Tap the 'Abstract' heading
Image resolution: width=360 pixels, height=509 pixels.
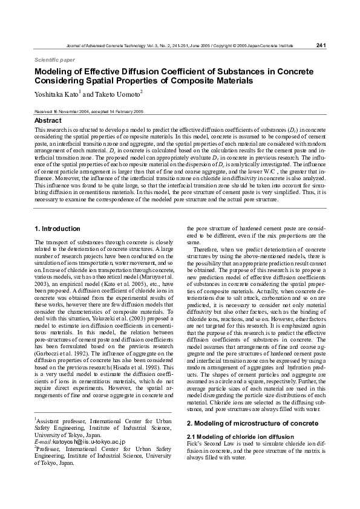(48, 121)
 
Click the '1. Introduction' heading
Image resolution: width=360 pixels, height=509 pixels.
(57, 229)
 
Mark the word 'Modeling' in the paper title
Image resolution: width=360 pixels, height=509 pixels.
(55, 72)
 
